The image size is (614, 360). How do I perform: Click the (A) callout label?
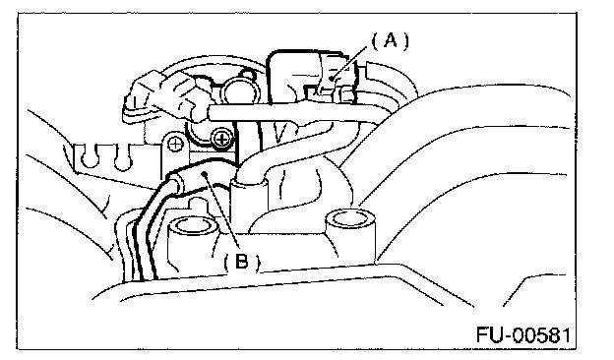pos(390,40)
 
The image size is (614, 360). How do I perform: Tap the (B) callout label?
pos(242,261)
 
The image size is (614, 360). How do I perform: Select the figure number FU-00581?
pos(523,335)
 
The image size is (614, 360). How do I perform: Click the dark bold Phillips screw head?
pos(221,139)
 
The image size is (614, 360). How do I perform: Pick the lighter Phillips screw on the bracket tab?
pos(175,145)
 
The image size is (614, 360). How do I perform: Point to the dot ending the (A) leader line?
pos(332,79)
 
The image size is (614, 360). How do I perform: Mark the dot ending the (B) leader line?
pos(204,174)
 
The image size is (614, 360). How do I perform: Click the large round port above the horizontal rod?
pos(241,90)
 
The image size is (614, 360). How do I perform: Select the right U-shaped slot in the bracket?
pos(122,157)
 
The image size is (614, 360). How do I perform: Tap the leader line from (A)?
pos(349,62)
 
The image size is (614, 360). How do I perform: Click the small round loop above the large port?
pos(247,73)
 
